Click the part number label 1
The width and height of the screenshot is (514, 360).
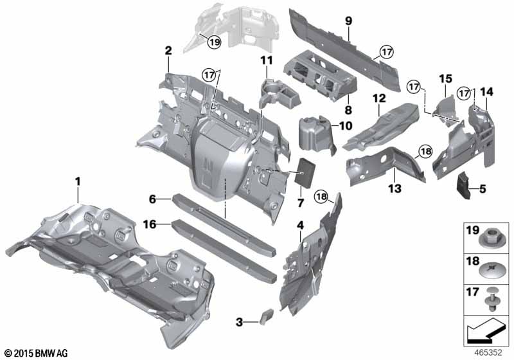coord(78,181)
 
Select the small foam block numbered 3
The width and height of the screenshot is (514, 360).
coord(266,316)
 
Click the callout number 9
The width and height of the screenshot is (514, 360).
coord(348,21)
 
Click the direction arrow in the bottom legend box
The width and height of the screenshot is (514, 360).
coord(486,330)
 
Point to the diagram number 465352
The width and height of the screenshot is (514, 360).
coord(488,353)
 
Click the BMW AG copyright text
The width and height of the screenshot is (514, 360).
coord(37,353)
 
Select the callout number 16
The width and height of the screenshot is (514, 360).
coord(150,224)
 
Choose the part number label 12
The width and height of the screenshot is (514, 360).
coord(379,98)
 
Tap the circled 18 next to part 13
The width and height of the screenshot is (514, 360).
coord(425,152)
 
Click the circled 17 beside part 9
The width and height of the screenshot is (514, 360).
coord(387,52)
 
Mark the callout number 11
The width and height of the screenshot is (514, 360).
coord(267,60)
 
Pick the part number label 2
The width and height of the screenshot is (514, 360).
coord(168,51)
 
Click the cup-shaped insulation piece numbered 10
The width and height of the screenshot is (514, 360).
coord(315,134)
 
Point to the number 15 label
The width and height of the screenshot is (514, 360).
coord(445,78)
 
